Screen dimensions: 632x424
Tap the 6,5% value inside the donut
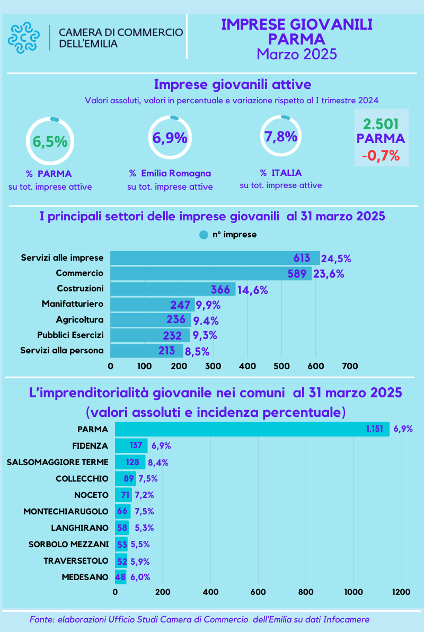(x=50, y=142)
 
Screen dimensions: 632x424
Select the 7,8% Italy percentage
(x=280, y=137)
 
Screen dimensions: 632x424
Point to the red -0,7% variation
(x=381, y=156)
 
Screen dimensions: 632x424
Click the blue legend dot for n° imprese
(x=204, y=235)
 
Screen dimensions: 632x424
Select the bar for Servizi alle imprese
(x=215, y=258)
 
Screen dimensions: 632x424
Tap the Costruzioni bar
(x=172, y=289)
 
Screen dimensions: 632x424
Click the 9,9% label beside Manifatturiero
(x=208, y=305)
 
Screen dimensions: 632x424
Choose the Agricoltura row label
(x=79, y=319)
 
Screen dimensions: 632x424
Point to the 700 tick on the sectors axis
(x=350, y=366)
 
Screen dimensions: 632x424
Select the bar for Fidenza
(x=131, y=446)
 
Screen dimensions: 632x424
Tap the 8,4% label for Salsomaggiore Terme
(x=158, y=462)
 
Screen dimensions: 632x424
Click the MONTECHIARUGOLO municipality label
(x=66, y=511)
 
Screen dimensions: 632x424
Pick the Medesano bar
(x=121, y=577)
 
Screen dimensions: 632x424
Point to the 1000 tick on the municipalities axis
(x=353, y=592)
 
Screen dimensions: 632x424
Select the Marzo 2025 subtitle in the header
(x=296, y=54)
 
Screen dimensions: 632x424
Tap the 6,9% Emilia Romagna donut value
(x=170, y=138)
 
